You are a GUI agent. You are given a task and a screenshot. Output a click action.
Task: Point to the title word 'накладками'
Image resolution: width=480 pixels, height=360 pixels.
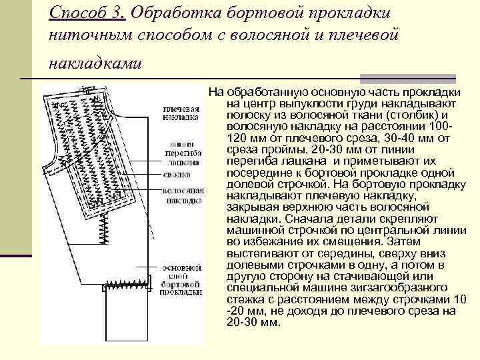pyautogui.click(x=95, y=63)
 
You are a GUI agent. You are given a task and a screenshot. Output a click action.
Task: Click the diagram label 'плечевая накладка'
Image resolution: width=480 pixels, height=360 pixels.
pyautogui.click(x=180, y=113)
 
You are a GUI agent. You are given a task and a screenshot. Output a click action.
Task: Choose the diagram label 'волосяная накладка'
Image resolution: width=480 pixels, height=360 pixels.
pyautogui.click(x=182, y=195)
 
